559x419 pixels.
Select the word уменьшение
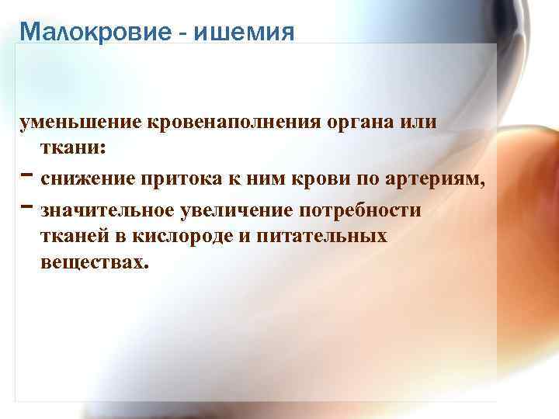[x=73, y=124]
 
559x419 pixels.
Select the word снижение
[x=87, y=181]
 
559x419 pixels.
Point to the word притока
[x=175, y=181]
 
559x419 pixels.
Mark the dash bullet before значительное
[x=27, y=209]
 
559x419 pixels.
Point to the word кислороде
[x=181, y=237]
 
